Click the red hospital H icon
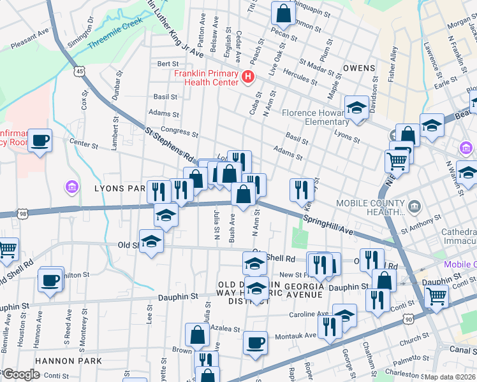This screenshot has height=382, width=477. (248, 77)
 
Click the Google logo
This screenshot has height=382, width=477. (22, 374)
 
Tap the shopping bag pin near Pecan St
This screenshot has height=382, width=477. (283, 13)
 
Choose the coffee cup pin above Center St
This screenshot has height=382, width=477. (40, 140)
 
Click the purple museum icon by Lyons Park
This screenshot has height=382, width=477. (71, 187)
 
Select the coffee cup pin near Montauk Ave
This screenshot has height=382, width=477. (256, 343)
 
